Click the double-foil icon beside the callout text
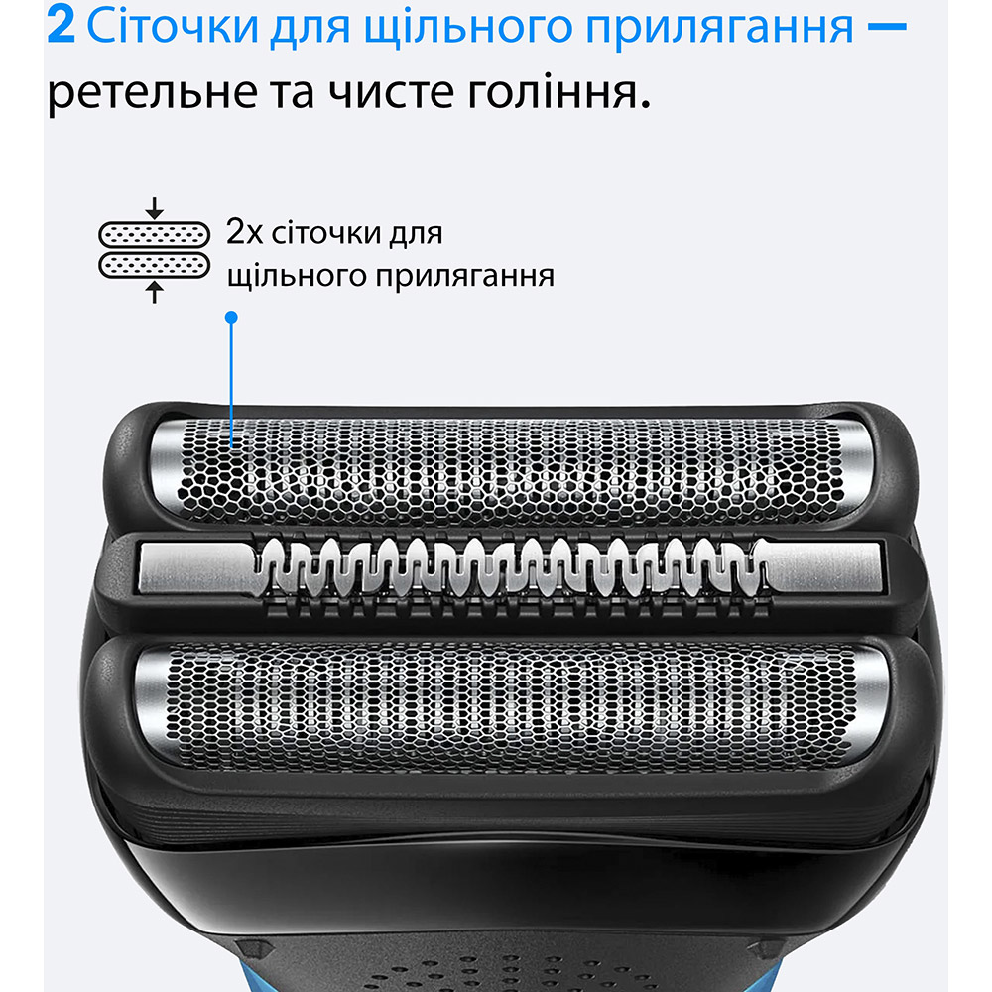click(154, 249)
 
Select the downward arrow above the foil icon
click(154, 209)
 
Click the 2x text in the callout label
click(243, 235)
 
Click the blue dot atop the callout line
click(231, 318)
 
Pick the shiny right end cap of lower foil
click(860, 699)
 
